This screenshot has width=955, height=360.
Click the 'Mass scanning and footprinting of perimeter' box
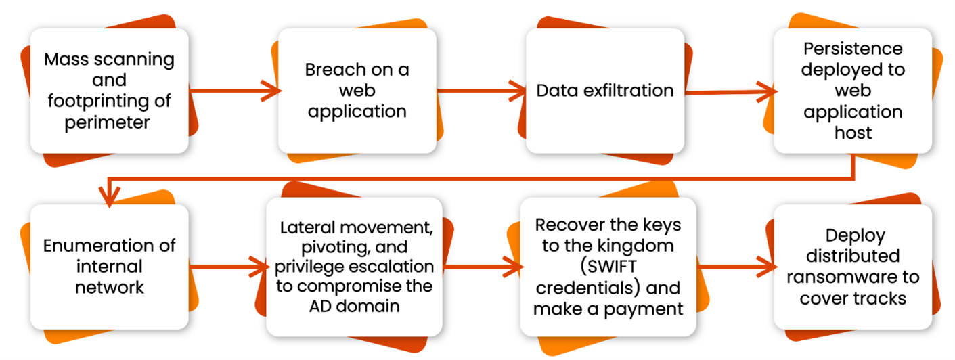coord(110,91)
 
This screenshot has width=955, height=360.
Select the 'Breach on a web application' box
coord(357,91)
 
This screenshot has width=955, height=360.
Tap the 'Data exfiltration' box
coord(605,91)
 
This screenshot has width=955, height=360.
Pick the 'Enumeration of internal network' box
coord(110,267)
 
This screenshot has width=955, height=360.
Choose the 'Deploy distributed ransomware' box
coord(853,267)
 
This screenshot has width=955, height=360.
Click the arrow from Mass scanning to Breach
coord(234,91)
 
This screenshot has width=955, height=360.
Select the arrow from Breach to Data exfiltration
coord(482,91)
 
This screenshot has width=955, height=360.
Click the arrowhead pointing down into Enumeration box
coord(110,197)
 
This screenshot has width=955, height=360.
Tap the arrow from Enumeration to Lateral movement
coord(229,267)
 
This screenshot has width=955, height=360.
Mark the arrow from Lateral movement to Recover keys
coord(483,267)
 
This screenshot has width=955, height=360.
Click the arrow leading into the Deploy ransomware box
coord(736,267)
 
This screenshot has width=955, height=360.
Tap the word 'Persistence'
coord(853,49)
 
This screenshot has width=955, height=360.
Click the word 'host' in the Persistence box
coord(853,133)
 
